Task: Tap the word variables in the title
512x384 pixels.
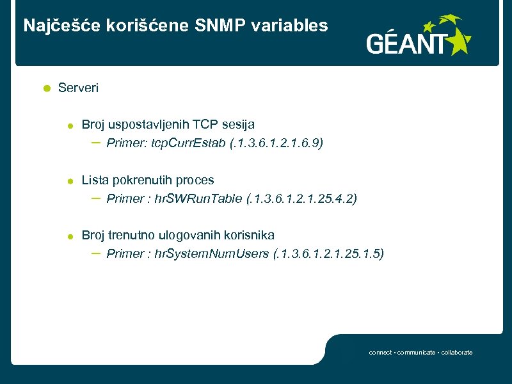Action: (x=298, y=26)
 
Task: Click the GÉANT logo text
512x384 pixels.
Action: (x=406, y=44)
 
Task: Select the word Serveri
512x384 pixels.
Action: (x=78, y=88)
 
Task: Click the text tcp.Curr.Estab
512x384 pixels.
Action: (x=188, y=143)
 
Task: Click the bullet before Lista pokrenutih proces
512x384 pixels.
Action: (x=71, y=181)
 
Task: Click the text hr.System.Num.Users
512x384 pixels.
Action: (x=212, y=253)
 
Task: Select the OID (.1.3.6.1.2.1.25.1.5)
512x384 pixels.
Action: (x=328, y=253)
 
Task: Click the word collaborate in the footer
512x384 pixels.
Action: (x=456, y=353)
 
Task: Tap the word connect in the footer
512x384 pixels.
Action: (x=380, y=353)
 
